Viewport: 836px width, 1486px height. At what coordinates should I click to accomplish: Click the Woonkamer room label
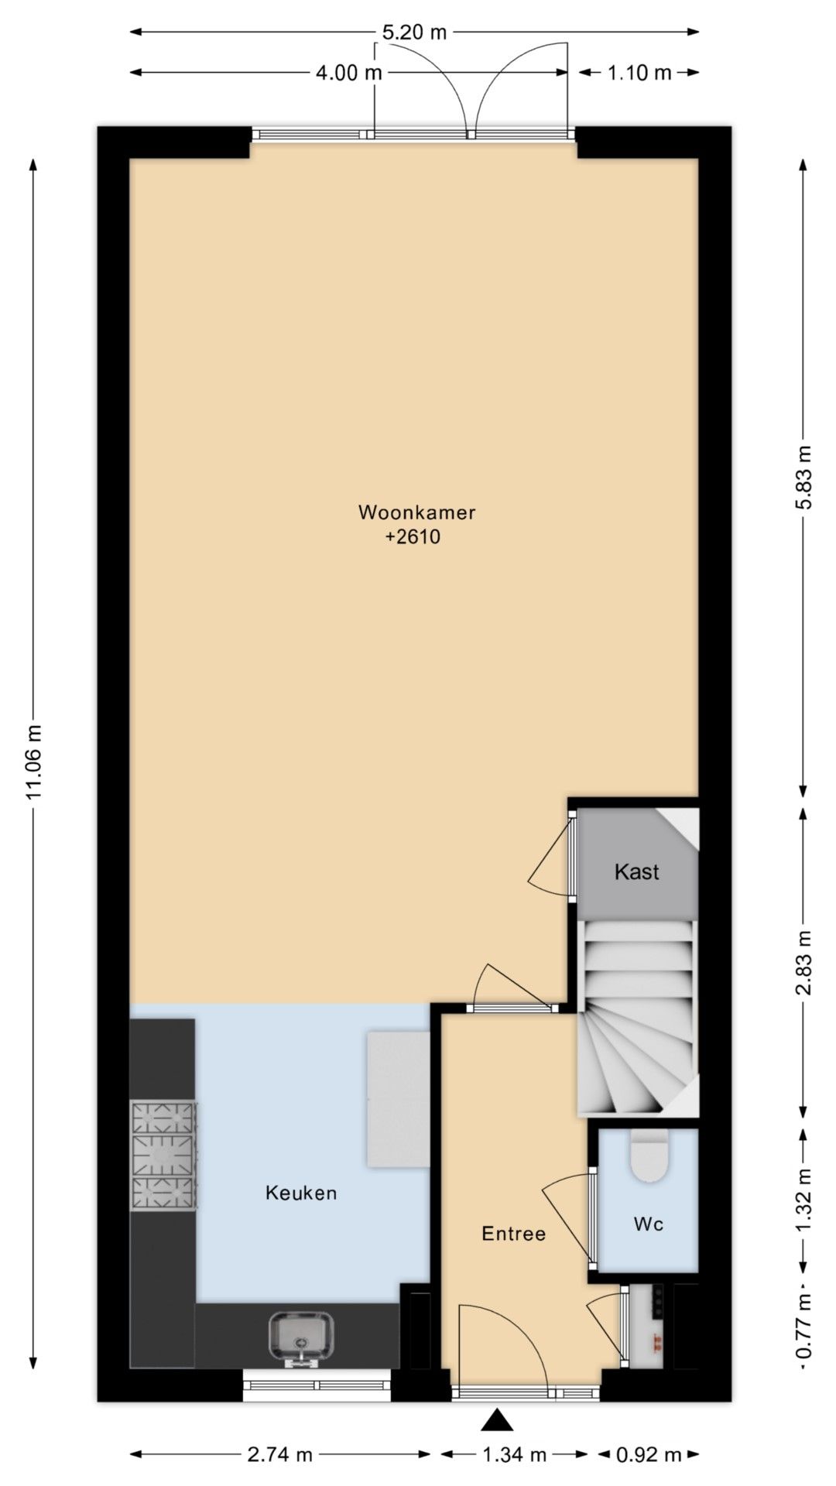(416, 512)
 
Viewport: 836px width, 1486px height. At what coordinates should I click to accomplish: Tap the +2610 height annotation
(413, 537)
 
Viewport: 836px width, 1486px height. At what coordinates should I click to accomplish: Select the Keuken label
(301, 1193)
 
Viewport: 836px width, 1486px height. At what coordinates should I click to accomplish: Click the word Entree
(513, 1234)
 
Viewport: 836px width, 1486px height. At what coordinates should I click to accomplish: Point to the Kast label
(636, 872)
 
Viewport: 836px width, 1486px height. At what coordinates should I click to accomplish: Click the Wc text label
(648, 1224)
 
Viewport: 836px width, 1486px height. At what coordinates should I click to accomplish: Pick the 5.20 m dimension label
(415, 33)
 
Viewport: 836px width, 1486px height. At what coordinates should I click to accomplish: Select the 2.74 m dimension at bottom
(279, 1455)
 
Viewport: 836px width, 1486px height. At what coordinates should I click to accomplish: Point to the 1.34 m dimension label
(515, 1455)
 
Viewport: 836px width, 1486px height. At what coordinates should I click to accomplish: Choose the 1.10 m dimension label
(639, 74)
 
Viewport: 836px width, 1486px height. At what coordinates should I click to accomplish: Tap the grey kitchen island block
(398, 1098)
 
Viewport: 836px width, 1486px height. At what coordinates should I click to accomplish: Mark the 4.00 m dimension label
(349, 74)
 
